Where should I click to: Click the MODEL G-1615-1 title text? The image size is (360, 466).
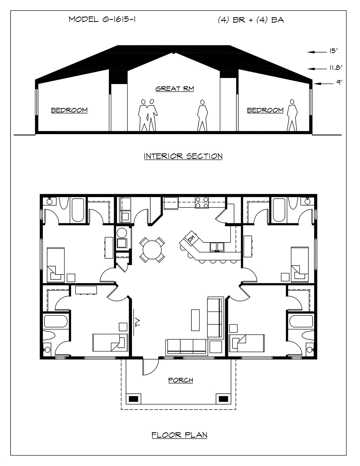tap(102, 20)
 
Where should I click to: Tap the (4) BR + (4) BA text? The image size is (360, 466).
tap(251, 20)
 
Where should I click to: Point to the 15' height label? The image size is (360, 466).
tap(334, 51)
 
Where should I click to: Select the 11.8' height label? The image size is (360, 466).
tap(336, 68)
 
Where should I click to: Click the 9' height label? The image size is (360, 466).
tap(339, 82)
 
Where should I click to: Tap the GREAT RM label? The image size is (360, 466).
tap(175, 89)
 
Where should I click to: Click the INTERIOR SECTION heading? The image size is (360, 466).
tap(183, 156)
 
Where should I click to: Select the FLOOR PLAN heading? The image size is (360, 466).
tap(179, 435)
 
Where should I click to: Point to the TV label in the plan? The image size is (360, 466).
tap(138, 323)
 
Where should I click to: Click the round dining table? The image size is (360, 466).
tap(152, 250)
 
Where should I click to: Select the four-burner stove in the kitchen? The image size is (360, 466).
tap(202, 203)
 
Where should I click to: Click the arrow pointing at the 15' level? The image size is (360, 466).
tap(317, 52)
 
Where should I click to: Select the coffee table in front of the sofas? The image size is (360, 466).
tap(195, 320)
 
